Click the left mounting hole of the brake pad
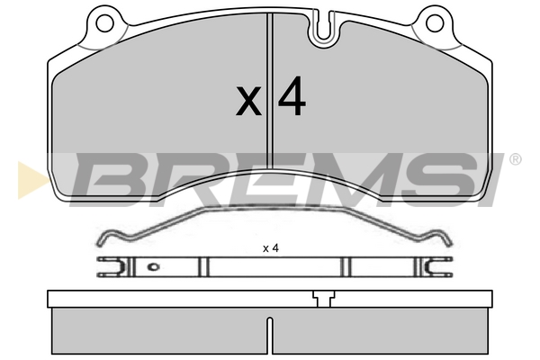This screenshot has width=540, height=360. coord(104,23)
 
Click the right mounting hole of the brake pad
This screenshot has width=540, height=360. coord(435,23)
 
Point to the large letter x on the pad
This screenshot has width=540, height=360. coord(248,102)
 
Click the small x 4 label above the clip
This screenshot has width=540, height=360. coord(271,248)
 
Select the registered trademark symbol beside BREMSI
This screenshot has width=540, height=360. coord(515,159)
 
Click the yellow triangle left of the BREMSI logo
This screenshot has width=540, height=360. coord(32,180)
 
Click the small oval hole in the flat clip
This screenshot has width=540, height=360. coord(153,266)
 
